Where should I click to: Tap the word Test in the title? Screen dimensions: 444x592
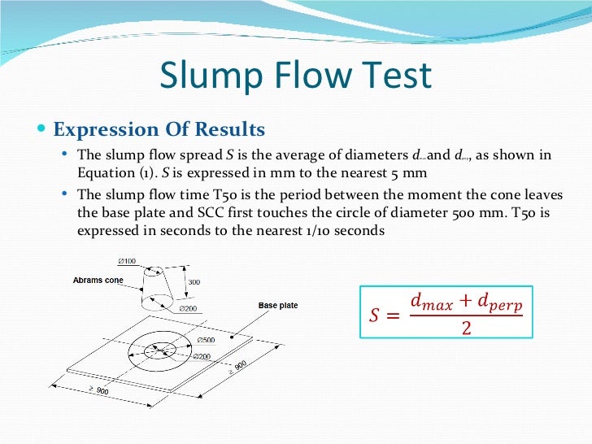398,76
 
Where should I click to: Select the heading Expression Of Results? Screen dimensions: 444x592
159,129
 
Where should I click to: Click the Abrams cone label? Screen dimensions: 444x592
98,280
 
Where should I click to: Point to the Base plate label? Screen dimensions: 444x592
278,305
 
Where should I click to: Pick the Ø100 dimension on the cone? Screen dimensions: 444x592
127,261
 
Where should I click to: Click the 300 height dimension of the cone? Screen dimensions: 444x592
194,281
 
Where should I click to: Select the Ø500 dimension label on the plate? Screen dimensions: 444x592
205,339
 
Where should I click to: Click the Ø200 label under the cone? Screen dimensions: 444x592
188,309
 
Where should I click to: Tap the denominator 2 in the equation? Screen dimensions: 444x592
466,329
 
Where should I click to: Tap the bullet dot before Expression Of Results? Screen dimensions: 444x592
41,129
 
